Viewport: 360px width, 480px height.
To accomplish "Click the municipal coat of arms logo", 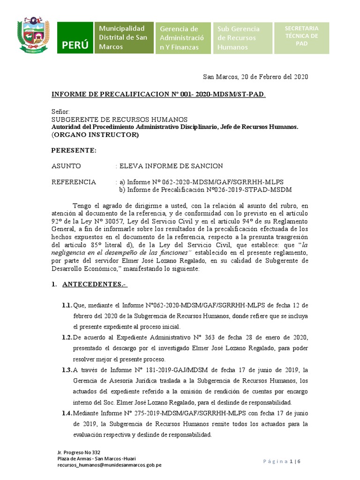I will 33,35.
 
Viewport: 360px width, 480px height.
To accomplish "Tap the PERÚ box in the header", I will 75,38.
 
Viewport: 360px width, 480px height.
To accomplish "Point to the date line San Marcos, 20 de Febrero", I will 255,77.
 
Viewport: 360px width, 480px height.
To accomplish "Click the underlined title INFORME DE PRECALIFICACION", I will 158,95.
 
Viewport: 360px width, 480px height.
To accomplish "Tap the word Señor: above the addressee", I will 61,112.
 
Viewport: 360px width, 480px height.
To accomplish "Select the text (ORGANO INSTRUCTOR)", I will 95,135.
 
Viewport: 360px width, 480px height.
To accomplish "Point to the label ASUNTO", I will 66,166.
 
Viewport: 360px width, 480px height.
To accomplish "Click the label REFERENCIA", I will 74,182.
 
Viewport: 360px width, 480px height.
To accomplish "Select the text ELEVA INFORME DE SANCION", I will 171,166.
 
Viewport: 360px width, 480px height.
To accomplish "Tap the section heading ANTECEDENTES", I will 95,285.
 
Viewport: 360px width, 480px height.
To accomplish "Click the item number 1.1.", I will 67,305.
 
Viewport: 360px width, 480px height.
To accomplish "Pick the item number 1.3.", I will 67,370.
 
